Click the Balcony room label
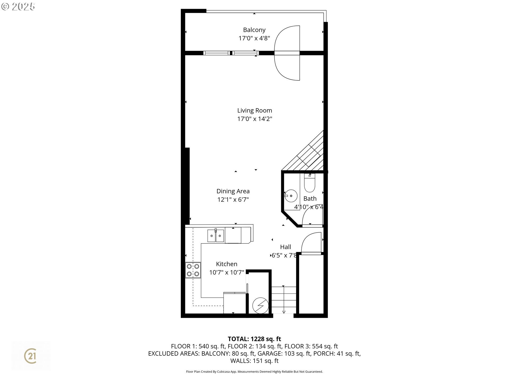(254, 30)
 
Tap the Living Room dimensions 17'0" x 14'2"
(254, 119)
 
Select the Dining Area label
(233, 191)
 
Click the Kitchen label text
(226, 264)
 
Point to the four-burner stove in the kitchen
(193, 270)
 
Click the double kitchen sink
(216, 236)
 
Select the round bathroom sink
(291, 196)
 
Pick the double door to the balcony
(287, 53)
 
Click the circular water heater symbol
(260, 305)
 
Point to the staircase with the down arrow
(284, 300)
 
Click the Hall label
(286, 247)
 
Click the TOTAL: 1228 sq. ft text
(254, 339)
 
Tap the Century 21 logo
(30, 356)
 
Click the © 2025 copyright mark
(18, 7)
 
